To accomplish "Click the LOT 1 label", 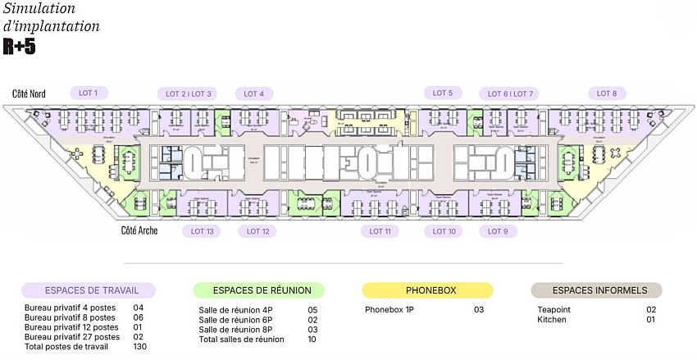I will coord(88,93).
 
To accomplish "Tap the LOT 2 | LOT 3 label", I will coord(184,93).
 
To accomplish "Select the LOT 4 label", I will coord(253,93).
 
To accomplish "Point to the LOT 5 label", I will coord(444,93).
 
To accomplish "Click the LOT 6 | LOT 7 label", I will coord(511,93).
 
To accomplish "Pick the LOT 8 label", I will coord(607,93).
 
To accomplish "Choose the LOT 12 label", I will coord(258,231).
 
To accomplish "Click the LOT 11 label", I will coord(380,231).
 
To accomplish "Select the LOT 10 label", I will coord(444,231).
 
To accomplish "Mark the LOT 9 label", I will coord(498,231).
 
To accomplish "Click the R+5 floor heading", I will coord(19,48).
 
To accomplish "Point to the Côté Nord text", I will coord(29,94).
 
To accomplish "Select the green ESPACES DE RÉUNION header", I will coord(258,290).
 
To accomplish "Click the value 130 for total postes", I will coord(139,346).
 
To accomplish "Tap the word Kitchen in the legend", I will coord(552,319).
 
